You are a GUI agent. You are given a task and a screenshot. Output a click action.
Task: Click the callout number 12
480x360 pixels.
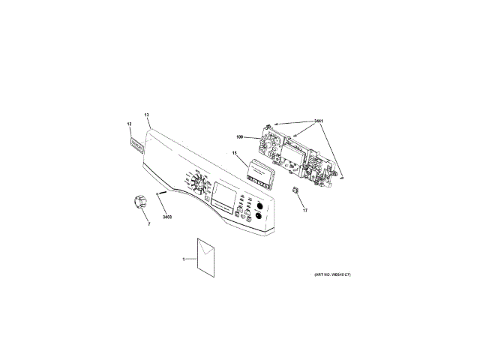pos(129,123)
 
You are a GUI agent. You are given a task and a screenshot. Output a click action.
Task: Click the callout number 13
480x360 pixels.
pos(147,115)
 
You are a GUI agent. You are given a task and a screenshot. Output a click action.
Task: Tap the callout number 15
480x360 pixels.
pos(234,154)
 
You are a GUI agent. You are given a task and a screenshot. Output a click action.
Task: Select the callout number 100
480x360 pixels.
pos(240,136)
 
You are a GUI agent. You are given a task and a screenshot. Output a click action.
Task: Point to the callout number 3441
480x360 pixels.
pos(319,120)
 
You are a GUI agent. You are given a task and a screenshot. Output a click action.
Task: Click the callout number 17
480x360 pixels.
pos(305,210)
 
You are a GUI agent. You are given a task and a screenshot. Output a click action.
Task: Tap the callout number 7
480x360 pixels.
pos(148,223)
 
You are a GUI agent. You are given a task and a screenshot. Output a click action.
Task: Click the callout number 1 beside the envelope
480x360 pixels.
pos(184,259)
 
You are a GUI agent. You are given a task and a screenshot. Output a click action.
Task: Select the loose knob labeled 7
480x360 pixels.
pos(139,202)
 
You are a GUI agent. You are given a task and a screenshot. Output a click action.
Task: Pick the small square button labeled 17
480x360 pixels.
pos(296,190)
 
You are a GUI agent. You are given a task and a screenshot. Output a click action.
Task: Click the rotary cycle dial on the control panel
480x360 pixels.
pos(199,184)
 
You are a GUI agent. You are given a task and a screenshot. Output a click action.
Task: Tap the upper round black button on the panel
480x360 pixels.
pos(259,205)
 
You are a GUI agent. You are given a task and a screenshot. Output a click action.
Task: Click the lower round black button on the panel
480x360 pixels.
pos(259,217)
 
